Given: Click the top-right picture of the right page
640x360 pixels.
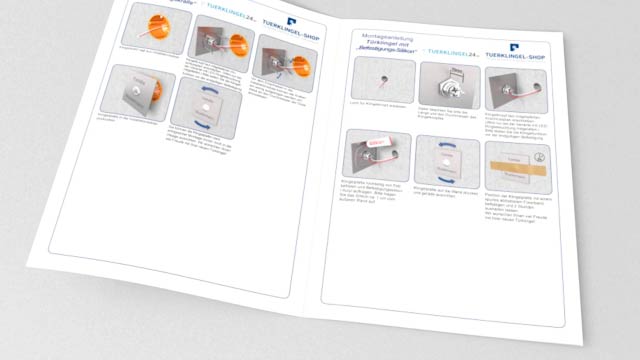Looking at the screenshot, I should click(x=512, y=84).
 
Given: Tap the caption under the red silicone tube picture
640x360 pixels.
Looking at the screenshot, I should click(x=372, y=195).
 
